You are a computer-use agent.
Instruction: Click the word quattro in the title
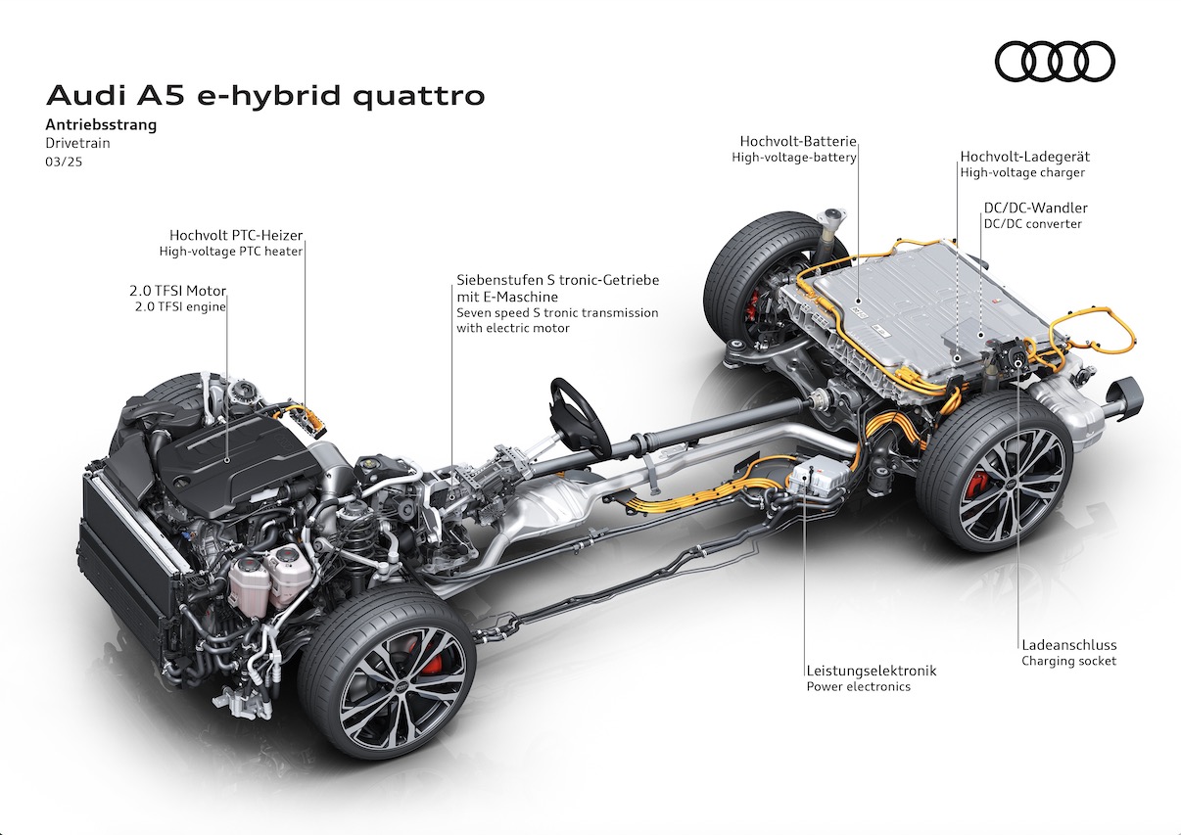418,97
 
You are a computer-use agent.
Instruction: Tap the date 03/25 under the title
64,162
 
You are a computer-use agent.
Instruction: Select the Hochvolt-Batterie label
798,141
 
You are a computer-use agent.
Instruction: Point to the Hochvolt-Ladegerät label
1024,157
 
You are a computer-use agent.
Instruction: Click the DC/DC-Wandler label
1035,208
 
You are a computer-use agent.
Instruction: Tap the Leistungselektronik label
872,671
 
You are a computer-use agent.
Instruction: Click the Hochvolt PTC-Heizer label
236,235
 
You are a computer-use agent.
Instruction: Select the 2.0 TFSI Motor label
177,291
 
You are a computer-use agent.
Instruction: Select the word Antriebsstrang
101,125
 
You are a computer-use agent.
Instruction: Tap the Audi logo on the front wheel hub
402,685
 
